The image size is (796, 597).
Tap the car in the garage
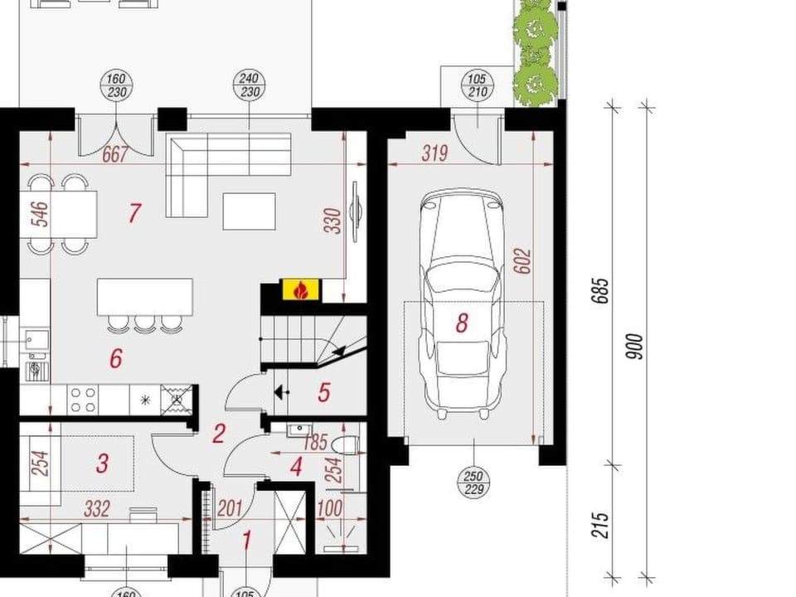click(462, 298)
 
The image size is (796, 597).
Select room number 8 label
click(462, 323)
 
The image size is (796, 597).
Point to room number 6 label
click(116, 358)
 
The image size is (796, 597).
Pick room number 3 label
click(101, 462)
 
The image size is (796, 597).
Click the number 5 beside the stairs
click(324, 391)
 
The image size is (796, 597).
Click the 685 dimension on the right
click(603, 290)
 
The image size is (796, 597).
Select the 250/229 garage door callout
click(473, 483)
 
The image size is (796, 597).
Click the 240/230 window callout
click(249, 85)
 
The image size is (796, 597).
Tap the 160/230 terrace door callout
click(117, 85)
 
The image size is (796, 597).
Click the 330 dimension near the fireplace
click(332, 220)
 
